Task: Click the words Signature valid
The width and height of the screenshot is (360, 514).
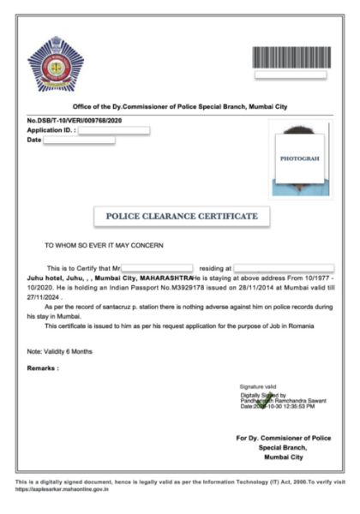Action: pyautogui.click(x=257, y=387)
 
